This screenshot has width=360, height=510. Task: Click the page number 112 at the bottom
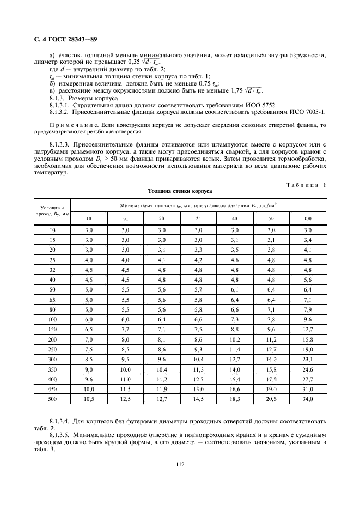coord(179,464)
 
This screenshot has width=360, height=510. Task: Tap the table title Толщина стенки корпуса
coord(179,191)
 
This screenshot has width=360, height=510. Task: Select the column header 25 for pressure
coord(198,218)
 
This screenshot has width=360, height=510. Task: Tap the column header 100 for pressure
coord(308,218)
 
